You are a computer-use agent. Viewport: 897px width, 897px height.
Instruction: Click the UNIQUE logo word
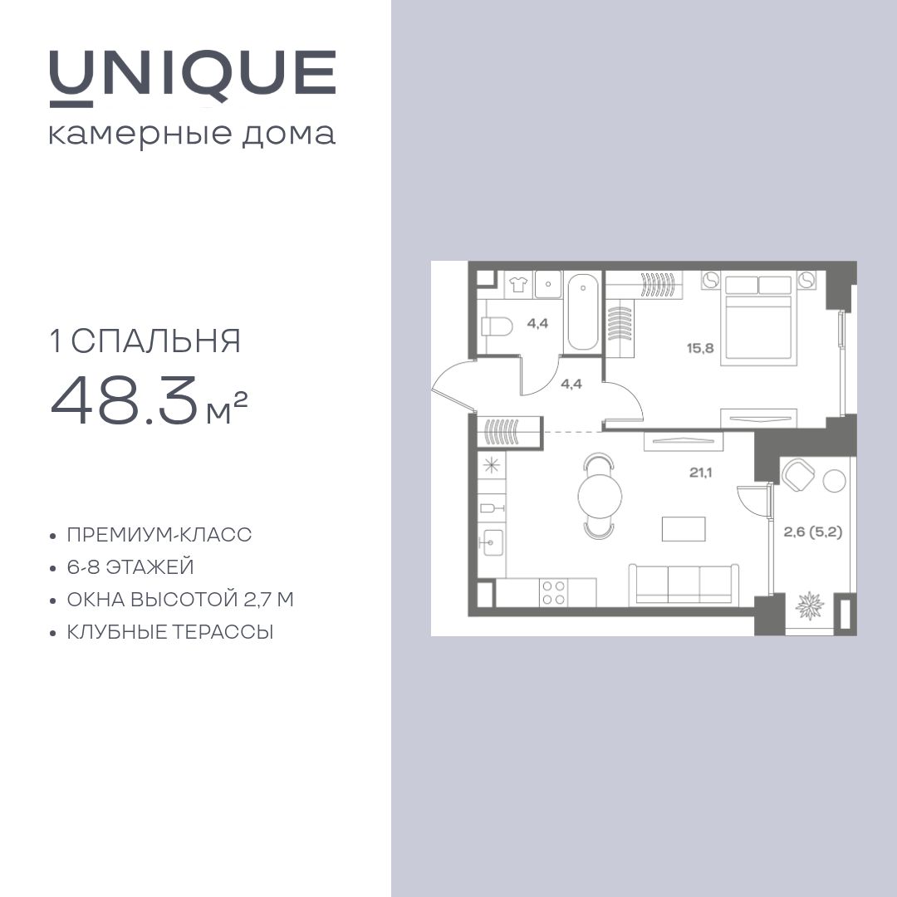[x=193, y=75]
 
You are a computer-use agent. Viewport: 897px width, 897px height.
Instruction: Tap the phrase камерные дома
[x=193, y=135]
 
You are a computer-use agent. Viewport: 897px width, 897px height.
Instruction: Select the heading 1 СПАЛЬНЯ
[x=146, y=341]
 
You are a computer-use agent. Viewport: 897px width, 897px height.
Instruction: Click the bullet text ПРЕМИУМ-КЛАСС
[x=159, y=535]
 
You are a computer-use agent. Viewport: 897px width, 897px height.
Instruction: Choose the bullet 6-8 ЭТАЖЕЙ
[x=130, y=567]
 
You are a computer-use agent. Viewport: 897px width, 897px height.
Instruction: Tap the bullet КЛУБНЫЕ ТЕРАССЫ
[x=170, y=632]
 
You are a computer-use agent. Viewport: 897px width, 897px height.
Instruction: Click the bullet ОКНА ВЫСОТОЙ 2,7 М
[x=181, y=600]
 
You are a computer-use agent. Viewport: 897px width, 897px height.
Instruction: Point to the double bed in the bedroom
[x=758, y=321]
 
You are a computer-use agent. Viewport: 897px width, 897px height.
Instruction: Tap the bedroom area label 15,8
[x=700, y=349]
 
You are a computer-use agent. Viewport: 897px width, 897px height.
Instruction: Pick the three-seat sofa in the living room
[x=683, y=584]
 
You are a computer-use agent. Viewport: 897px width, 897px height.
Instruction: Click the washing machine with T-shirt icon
[x=517, y=283]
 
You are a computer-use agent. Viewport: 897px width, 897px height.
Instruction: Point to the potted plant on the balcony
[x=809, y=605]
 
